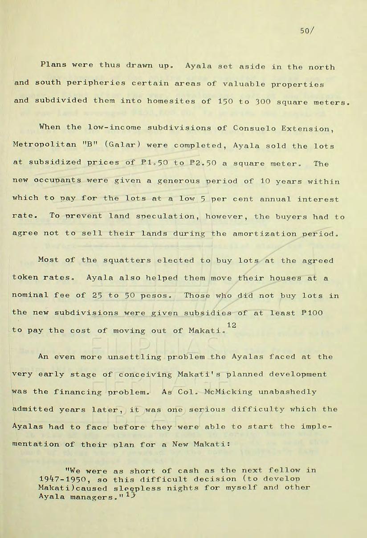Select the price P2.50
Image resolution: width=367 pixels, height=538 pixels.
pyautogui.click(x=197, y=164)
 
